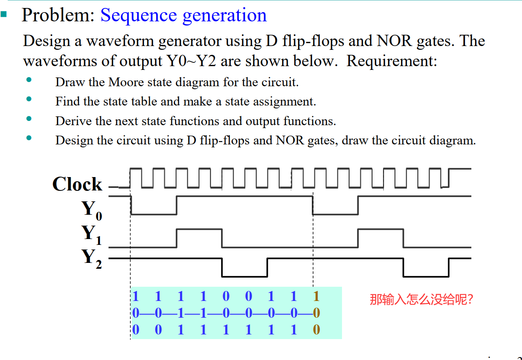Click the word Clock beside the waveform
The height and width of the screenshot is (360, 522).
point(77,184)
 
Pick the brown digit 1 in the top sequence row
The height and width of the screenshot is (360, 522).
point(316,296)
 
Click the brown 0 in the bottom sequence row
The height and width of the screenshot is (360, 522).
point(316,330)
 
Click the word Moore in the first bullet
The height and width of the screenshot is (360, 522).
point(125,82)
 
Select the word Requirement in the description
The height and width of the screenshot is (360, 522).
point(391,61)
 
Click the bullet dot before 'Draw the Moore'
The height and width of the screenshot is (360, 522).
point(28,80)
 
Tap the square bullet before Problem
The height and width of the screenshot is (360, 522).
point(4,14)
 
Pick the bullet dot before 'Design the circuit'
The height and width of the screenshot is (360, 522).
point(28,138)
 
